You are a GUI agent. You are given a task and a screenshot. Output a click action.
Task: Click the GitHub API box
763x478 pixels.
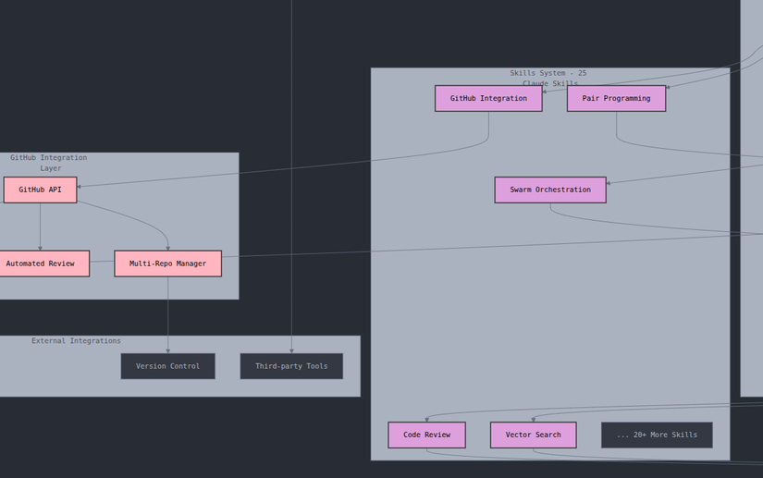tap(40, 190)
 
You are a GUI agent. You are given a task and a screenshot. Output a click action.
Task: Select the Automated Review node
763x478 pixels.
tap(41, 264)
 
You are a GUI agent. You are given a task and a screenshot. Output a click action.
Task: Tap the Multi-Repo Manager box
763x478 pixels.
tap(167, 264)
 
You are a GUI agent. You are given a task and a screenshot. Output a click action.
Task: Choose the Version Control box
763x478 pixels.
tap(167, 366)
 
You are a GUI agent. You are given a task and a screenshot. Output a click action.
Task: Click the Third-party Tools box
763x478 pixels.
tap(291, 366)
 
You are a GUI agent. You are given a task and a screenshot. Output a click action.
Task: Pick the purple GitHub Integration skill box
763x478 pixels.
tap(488, 98)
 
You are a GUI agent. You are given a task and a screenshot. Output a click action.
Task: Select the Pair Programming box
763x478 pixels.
tap(616, 98)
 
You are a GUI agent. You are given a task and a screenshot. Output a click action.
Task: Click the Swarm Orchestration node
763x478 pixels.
tap(550, 190)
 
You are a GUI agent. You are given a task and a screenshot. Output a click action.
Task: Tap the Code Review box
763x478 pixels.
tap(426, 435)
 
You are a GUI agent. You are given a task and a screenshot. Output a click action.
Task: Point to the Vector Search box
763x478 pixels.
tap(533, 435)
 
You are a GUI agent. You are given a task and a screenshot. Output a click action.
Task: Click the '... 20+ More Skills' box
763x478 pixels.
tap(657, 435)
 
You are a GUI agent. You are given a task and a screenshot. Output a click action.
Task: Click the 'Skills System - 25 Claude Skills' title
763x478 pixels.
tap(548, 78)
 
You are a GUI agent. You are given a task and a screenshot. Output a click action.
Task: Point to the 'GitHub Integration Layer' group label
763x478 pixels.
tap(49, 163)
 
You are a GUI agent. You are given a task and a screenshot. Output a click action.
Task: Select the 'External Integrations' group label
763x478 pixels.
tap(76, 341)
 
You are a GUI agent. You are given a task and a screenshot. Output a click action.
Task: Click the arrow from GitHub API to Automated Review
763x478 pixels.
tap(40, 227)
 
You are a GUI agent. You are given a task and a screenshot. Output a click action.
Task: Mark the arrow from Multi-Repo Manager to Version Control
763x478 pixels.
tap(167, 314)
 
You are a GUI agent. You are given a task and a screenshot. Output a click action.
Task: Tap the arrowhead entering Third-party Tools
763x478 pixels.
tap(291, 350)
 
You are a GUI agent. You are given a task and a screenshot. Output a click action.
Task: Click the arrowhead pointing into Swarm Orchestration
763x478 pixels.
tap(609, 183)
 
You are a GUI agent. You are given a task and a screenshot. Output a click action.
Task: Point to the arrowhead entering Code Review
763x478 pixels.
tap(426, 420)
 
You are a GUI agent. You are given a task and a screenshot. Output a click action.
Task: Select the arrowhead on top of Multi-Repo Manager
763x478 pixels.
tap(167, 248)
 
